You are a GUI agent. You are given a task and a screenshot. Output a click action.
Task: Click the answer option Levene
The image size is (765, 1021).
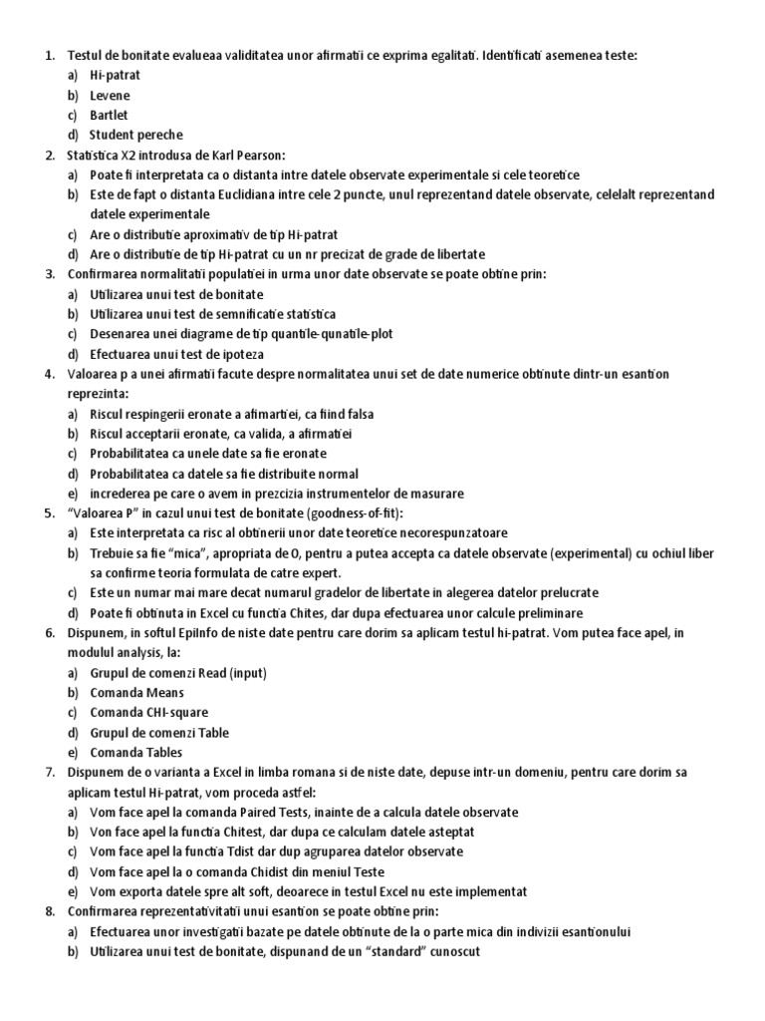[x=110, y=96]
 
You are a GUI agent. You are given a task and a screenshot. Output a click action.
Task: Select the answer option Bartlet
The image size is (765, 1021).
[x=109, y=116]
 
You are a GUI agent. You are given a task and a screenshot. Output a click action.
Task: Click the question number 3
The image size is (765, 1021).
[x=50, y=274]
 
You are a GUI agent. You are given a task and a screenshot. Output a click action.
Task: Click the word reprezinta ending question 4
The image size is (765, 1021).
[x=100, y=394]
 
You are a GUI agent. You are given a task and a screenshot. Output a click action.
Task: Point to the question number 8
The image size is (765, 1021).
[x=50, y=912]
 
